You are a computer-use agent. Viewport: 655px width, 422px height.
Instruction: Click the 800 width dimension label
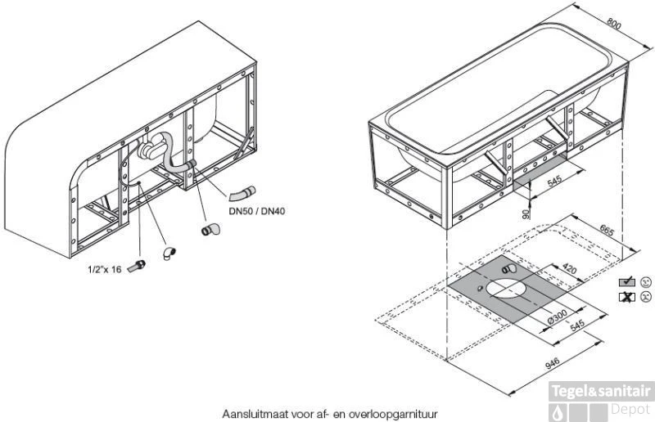click(613, 25)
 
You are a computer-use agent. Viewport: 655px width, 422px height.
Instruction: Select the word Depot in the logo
click(631, 408)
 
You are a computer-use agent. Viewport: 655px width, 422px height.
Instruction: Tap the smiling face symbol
click(647, 281)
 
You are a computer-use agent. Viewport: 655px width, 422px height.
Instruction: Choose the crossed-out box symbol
click(628, 296)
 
